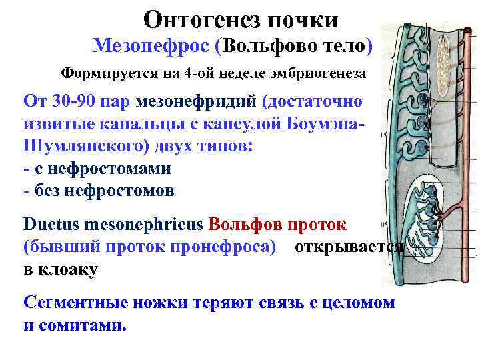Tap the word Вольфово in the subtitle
tap(269, 45)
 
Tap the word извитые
tap(65, 124)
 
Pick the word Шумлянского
tap(81, 146)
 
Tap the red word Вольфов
tap(249, 224)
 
